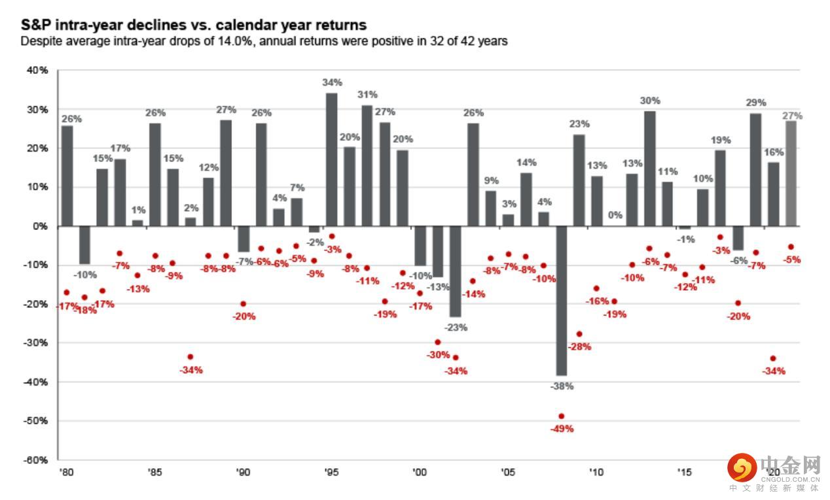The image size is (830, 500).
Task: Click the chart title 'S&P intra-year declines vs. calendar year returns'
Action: pyautogui.click(x=193, y=25)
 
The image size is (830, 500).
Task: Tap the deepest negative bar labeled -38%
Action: pyautogui.click(x=561, y=301)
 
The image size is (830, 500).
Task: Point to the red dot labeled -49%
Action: pyautogui.click(x=561, y=416)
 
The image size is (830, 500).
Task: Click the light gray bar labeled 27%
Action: pyautogui.click(x=791, y=173)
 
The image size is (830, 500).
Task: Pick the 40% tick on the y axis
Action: pyautogui.click(x=37, y=70)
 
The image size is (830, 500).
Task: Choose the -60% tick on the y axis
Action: pyautogui.click(x=35, y=459)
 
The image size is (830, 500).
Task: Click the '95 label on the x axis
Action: pyautogui.click(x=332, y=471)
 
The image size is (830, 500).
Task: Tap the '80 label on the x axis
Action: pyautogui.click(x=65, y=471)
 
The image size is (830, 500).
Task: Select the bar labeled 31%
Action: pyautogui.click(x=367, y=165)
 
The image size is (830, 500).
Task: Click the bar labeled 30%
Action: pyautogui.click(x=649, y=168)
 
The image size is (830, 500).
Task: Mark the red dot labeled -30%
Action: pyautogui.click(x=438, y=342)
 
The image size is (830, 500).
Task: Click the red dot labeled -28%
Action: pyautogui.click(x=579, y=333)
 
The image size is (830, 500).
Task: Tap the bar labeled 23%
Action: pyautogui.click(x=579, y=180)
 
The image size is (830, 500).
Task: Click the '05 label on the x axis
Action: pyautogui.click(x=507, y=471)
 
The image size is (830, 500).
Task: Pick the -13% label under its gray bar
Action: pyautogui.click(x=439, y=286)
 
